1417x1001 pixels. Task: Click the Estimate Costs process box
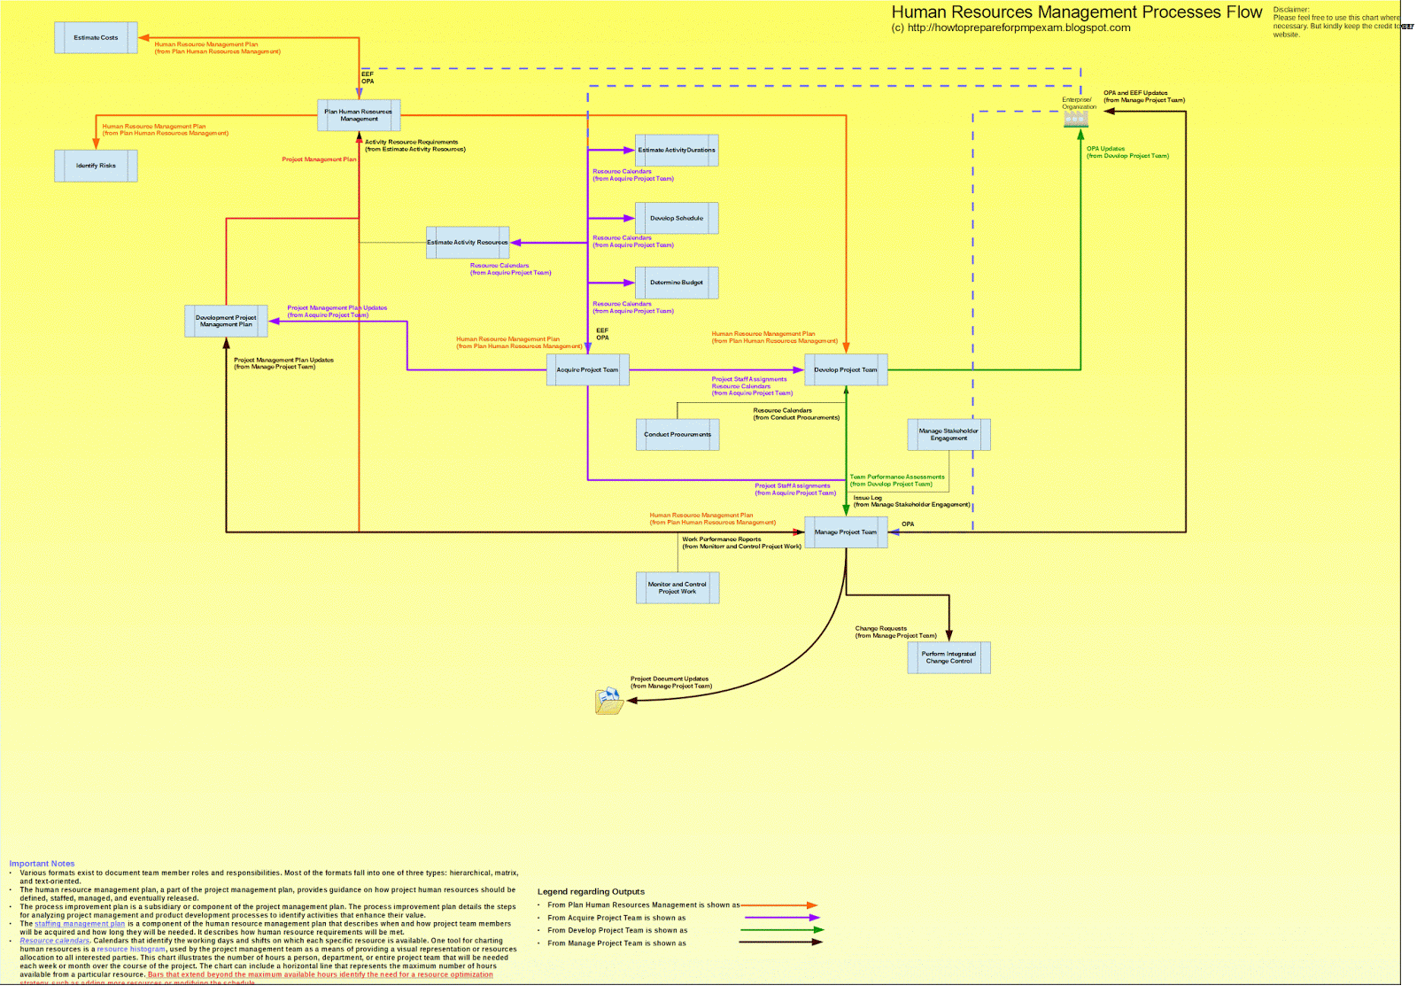pos(96,38)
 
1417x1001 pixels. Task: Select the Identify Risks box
pos(96,166)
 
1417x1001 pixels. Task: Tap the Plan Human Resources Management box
pos(359,115)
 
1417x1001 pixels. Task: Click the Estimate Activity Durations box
pos(677,151)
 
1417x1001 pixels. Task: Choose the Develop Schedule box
pos(677,218)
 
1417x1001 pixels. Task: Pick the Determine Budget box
pos(677,283)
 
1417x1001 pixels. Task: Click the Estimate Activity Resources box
pos(468,242)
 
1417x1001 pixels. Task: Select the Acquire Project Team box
pos(587,369)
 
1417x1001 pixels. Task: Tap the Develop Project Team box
pos(846,369)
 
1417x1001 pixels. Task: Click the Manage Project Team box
pos(846,532)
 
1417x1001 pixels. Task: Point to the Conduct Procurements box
pos(678,434)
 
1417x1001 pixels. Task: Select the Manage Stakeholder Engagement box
pos(949,434)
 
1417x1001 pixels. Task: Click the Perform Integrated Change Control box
pos(949,657)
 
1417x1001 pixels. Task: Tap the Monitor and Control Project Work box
pos(678,587)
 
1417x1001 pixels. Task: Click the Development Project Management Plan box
pos(226,321)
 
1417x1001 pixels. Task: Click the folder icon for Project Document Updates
pos(609,701)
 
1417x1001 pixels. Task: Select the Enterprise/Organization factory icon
pos(1075,119)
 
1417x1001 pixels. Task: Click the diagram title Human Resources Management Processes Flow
pos(1076,12)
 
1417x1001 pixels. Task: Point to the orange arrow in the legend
pos(779,905)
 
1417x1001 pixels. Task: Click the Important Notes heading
pos(42,864)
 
